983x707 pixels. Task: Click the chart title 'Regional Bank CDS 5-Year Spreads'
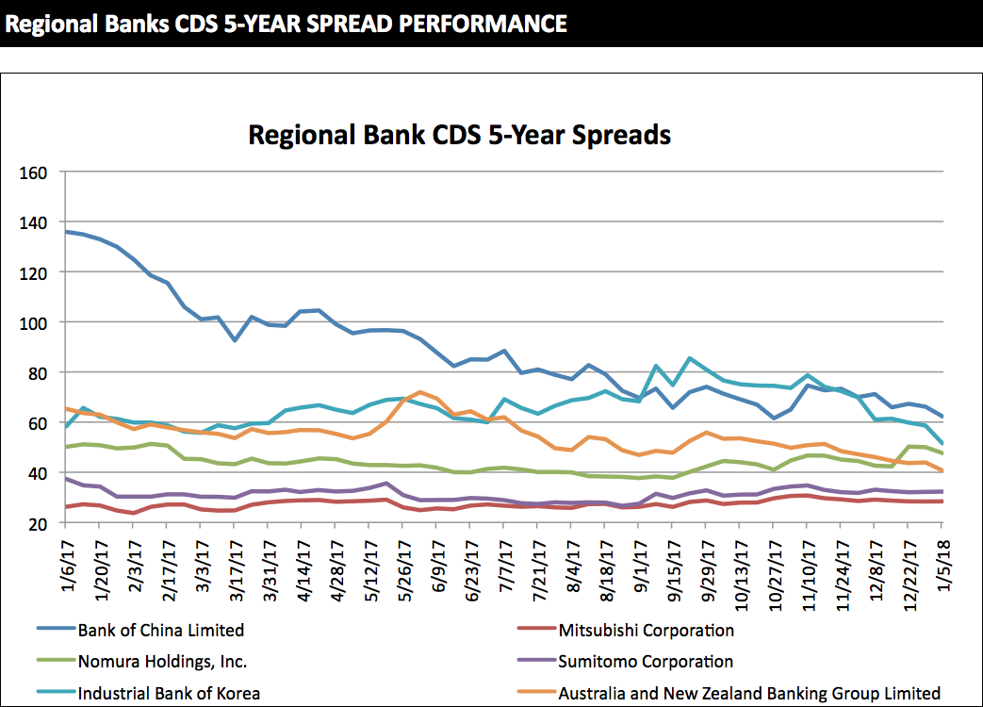pos(459,135)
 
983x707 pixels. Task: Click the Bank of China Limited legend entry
pos(160,630)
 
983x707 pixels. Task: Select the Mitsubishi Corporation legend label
pos(646,630)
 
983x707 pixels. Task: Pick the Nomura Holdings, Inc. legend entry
pos(162,662)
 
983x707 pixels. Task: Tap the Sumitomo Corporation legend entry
pos(646,662)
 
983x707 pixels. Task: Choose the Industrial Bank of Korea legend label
pos(169,693)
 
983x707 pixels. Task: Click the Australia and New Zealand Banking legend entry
pos(749,693)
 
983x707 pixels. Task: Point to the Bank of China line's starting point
pos(64,231)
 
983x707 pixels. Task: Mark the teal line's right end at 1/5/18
pos(943,444)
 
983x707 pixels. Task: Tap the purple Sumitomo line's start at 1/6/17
pos(64,478)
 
